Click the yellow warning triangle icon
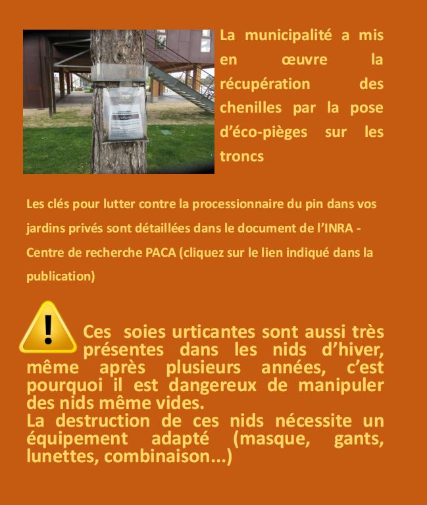[x=47, y=329]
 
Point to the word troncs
[x=241, y=156]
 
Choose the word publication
[x=60, y=277]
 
